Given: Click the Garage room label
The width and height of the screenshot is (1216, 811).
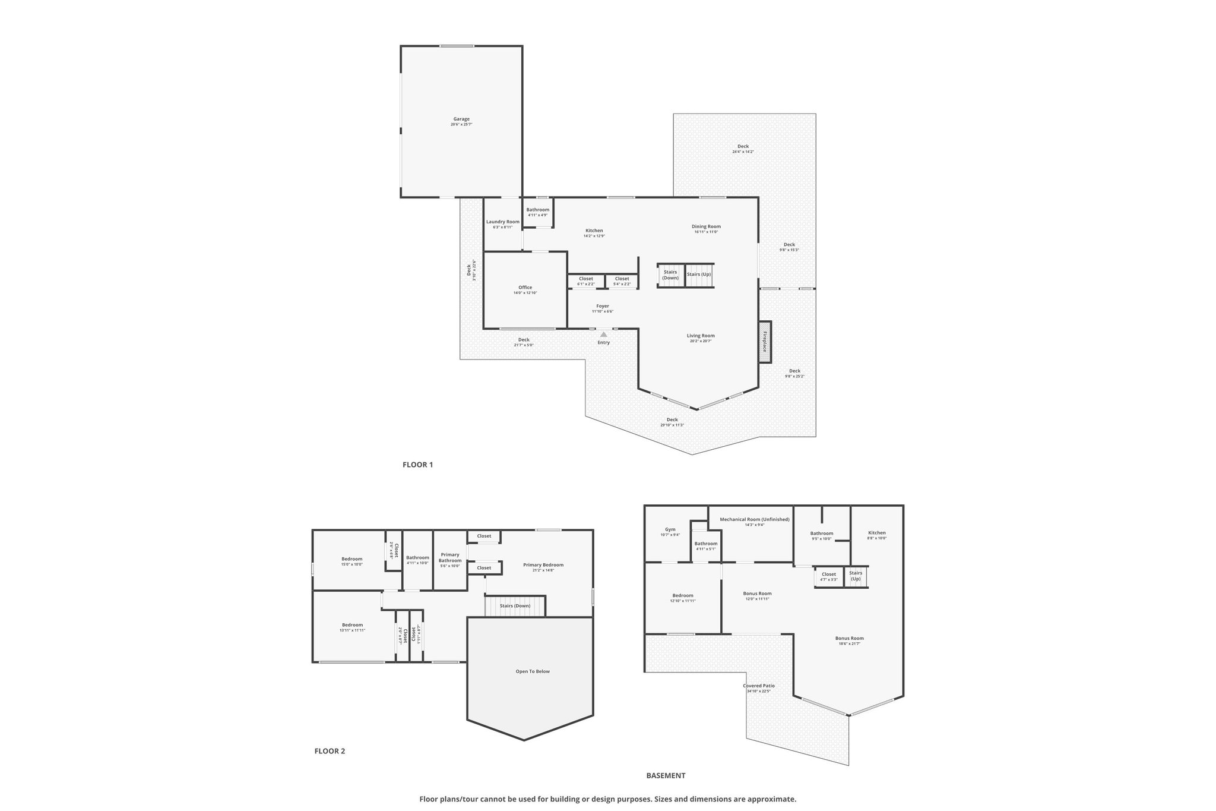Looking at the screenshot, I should (x=461, y=119).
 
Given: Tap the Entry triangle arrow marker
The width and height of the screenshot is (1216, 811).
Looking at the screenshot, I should (x=603, y=335).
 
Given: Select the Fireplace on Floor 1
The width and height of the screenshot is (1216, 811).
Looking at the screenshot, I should (x=764, y=342).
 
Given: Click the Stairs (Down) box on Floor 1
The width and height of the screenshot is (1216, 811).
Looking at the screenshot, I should (x=670, y=275).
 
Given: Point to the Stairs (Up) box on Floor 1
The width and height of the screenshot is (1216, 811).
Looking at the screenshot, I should (x=699, y=274).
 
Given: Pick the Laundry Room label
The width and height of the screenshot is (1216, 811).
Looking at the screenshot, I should (x=502, y=222).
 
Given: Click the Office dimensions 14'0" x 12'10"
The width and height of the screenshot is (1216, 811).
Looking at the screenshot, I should (x=525, y=293).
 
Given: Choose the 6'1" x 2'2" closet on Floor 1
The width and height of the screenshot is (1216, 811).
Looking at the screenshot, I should (x=585, y=281).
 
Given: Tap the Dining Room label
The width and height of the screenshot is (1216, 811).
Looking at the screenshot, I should (x=706, y=226).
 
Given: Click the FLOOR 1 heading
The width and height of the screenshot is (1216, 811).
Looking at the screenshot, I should (x=417, y=465).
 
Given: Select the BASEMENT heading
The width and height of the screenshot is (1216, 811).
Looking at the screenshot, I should (x=666, y=775).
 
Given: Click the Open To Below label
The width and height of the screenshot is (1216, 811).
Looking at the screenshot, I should (x=532, y=671).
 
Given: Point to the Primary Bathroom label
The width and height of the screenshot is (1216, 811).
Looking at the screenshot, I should (x=450, y=557).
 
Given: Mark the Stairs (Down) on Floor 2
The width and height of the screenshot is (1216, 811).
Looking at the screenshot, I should (x=515, y=606).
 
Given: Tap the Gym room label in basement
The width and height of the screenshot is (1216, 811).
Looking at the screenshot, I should (x=670, y=529).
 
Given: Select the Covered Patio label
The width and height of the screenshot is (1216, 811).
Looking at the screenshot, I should (x=759, y=686).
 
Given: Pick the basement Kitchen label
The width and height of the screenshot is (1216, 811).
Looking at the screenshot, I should (x=876, y=533).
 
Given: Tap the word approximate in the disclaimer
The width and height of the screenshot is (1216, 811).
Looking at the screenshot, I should (x=771, y=799).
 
